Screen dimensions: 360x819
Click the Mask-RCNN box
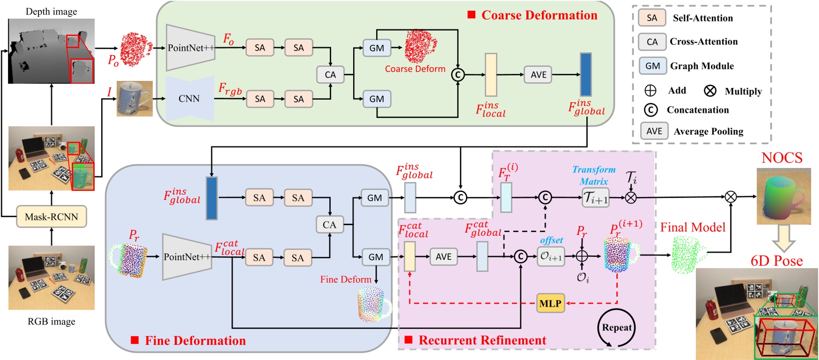pos(52,217)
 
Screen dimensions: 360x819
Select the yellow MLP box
pos(550,303)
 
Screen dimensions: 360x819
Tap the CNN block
pos(190,99)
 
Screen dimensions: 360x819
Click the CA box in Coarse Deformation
pos(330,75)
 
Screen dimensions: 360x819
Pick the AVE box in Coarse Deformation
pos(538,75)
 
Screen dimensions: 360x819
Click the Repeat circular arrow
pos(617,328)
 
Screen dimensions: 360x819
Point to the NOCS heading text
pos(782,158)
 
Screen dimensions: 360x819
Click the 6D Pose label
pos(776,261)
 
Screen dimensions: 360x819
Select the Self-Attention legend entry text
pos(702,18)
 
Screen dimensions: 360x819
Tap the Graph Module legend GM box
pos(652,66)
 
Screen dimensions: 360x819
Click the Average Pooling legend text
pos(708,132)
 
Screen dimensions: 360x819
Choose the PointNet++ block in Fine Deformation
pos(187,257)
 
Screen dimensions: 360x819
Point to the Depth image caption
pos(51,11)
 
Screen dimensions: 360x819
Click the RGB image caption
pos(51,322)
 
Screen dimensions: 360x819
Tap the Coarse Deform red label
pos(415,69)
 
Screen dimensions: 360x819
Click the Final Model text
pos(693,228)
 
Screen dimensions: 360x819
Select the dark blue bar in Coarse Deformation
pos(585,74)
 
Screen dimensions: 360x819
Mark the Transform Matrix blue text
pos(594,176)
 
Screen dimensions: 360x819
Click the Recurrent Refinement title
pos(482,340)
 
